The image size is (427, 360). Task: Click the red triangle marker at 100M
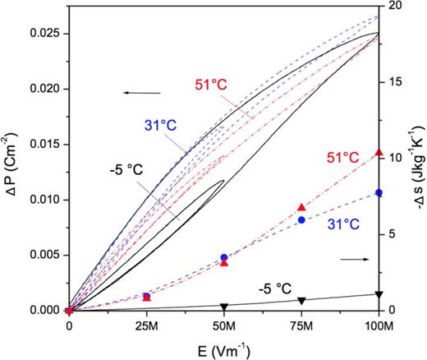tap(379, 153)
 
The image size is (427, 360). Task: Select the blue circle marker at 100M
tap(379, 192)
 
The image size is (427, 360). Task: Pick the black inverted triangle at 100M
tap(379, 294)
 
